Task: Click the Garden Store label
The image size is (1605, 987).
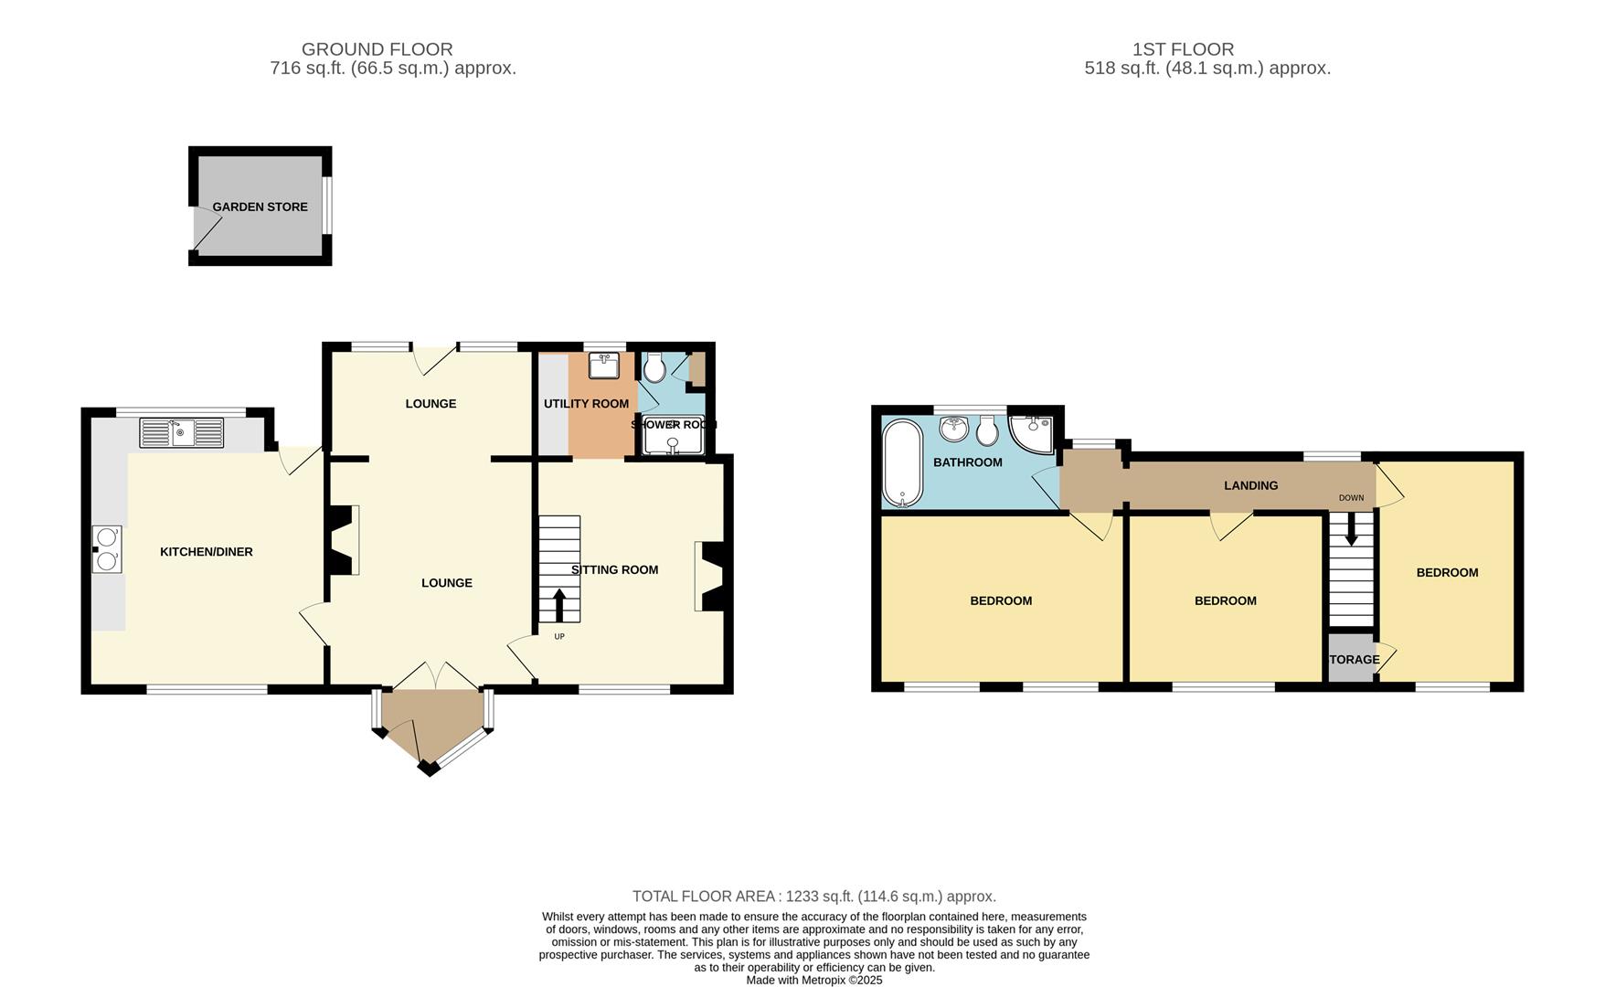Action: pyautogui.click(x=260, y=207)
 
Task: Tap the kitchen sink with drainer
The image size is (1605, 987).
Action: pyautogui.click(x=182, y=433)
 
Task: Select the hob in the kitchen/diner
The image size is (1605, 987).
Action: pyautogui.click(x=107, y=549)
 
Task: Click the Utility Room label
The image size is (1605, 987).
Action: pyautogui.click(x=586, y=404)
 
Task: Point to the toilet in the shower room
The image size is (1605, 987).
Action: pyautogui.click(x=654, y=369)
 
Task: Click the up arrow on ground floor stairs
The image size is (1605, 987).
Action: pyautogui.click(x=558, y=606)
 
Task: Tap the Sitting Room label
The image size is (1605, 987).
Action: pyautogui.click(x=614, y=570)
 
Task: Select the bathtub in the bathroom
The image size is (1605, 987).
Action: pyautogui.click(x=903, y=463)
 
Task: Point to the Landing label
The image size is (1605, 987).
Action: pyautogui.click(x=1250, y=486)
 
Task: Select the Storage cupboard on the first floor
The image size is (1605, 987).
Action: pyautogui.click(x=1351, y=660)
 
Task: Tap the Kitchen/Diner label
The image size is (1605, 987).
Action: pyautogui.click(x=207, y=552)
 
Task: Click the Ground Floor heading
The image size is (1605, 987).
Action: pyautogui.click(x=377, y=49)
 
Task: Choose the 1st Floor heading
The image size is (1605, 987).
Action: pyautogui.click(x=1183, y=49)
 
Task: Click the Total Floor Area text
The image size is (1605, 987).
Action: pyautogui.click(x=813, y=897)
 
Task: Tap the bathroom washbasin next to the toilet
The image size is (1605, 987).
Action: pyautogui.click(x=954, y=428)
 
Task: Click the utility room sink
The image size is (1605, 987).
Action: pyautogui.click(x=604, y=366)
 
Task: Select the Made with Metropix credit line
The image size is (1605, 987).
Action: pyautogui.click(x=813, y=980)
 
